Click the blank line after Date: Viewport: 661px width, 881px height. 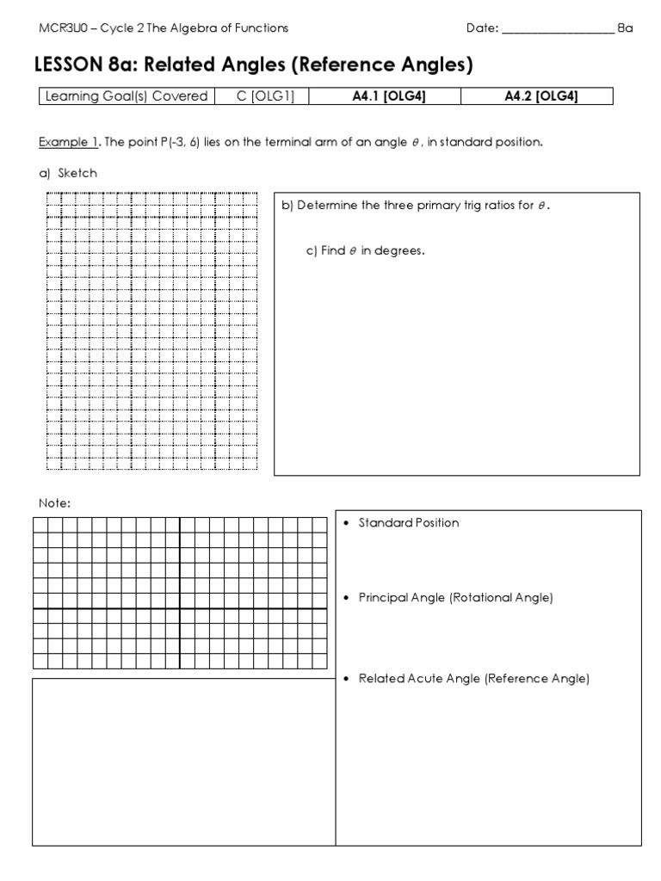click(557, 29)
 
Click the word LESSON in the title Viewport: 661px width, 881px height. click(68, 65)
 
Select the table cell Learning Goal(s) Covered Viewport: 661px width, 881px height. click(123, 96)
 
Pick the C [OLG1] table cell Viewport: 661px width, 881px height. click(265, 96)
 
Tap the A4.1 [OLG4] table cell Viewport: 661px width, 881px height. click(389, 96)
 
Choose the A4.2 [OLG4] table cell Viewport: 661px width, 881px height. click(540, 96)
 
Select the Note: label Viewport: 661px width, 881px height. click(53, 503)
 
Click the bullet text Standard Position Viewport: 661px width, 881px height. click(409, 523)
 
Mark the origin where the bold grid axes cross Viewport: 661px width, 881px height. click(180, 609)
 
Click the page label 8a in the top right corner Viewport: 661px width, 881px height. click(625, 28)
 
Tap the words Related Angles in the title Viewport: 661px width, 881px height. click(206, 65)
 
